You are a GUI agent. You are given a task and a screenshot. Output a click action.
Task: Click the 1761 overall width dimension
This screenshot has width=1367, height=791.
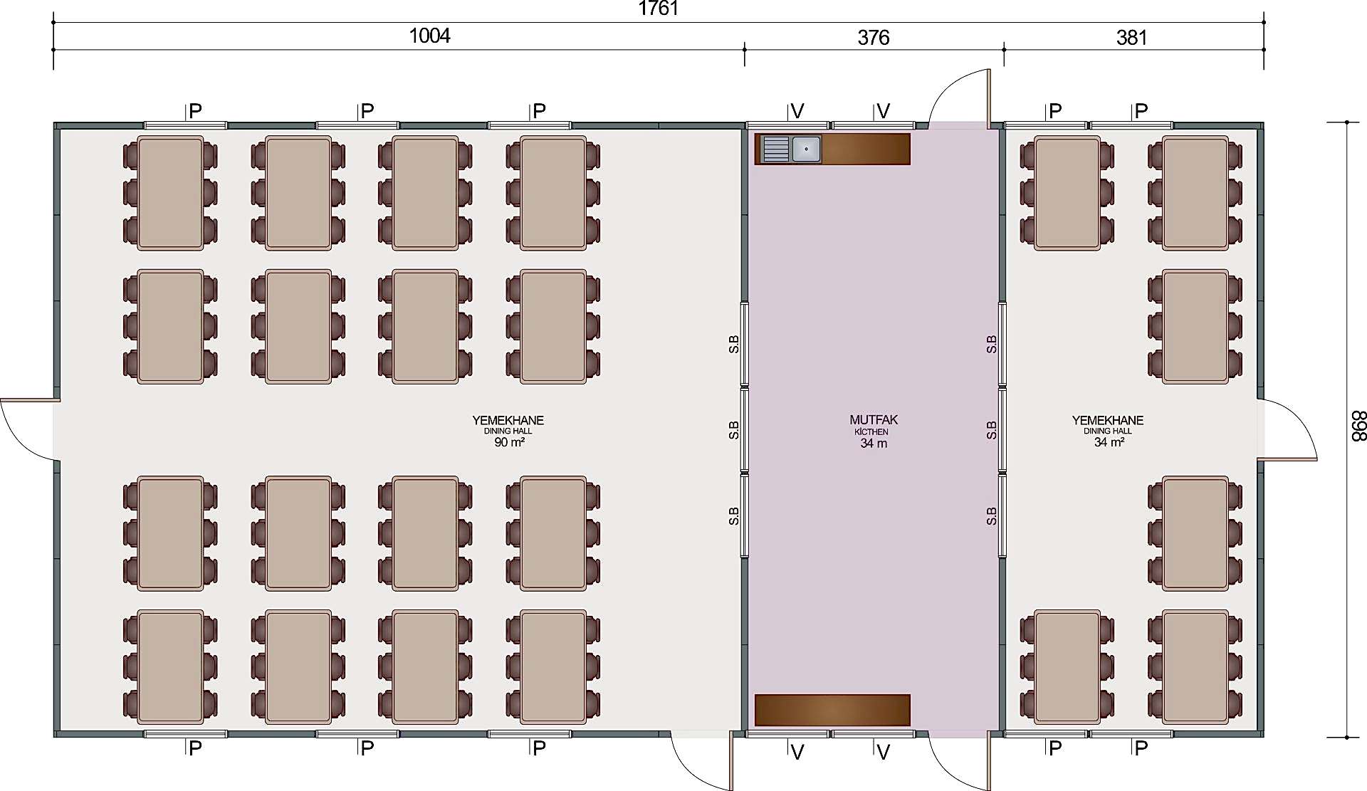pos(659,9)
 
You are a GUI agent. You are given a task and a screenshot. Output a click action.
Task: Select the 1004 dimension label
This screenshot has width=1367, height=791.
pos(429,36)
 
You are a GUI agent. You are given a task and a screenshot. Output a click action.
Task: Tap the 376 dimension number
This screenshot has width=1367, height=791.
pos(873,37)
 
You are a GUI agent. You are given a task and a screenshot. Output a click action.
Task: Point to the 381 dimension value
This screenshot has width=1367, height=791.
pos(1131,37)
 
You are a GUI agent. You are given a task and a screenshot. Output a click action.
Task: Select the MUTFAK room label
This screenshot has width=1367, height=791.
pos(874,420)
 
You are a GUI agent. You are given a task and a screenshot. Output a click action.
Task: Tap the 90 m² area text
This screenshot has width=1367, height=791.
pos(510,442)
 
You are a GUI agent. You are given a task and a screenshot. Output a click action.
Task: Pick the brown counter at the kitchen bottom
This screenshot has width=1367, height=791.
pos(832,710)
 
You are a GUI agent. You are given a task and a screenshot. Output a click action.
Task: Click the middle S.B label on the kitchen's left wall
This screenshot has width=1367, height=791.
pos(733,430)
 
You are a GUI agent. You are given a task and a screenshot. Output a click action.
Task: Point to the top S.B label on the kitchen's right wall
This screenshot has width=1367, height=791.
pos(991,345)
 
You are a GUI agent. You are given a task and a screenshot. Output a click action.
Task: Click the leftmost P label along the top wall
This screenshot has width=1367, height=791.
pos(195,111)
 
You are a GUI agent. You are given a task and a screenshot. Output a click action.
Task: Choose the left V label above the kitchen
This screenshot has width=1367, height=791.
pos(797,111)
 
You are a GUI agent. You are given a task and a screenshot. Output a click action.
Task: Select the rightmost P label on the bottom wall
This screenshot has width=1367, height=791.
pos(1141,748)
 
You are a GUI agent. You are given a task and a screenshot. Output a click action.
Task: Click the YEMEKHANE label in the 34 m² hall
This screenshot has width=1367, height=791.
pos(1108,420)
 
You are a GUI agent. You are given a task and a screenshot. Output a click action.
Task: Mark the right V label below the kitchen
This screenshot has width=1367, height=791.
pos(884,752)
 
